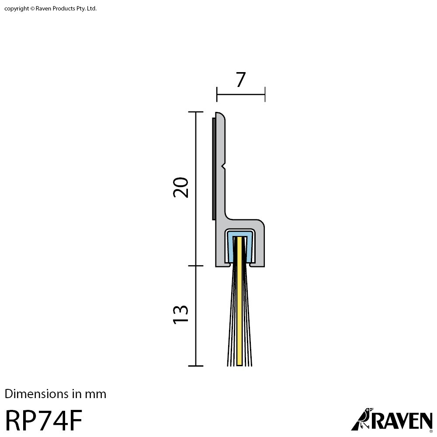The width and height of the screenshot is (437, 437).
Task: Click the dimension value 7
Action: (x=241, y=80)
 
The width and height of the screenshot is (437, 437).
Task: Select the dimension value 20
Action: (x=180, y=187)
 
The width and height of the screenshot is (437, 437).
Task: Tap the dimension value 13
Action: (x=180, y=315)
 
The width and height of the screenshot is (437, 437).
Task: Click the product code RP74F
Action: (x=44, y=420)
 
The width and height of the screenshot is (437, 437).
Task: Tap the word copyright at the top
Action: (x=17, y=9)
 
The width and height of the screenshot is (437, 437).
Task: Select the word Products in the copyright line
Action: (x=64, y=8)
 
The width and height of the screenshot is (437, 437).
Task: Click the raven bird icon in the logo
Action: (x=362, y=419)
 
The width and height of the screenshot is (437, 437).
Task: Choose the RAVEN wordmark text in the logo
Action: (x=401, y=421)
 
